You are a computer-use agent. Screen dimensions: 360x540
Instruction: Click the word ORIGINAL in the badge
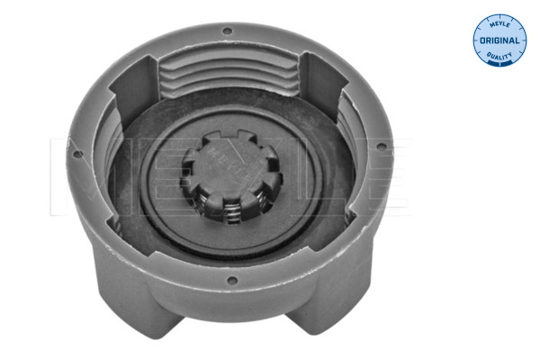(499, 40)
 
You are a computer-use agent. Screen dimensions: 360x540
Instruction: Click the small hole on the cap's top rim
(226, 31)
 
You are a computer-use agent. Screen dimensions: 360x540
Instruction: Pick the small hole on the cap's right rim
(382, 146)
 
